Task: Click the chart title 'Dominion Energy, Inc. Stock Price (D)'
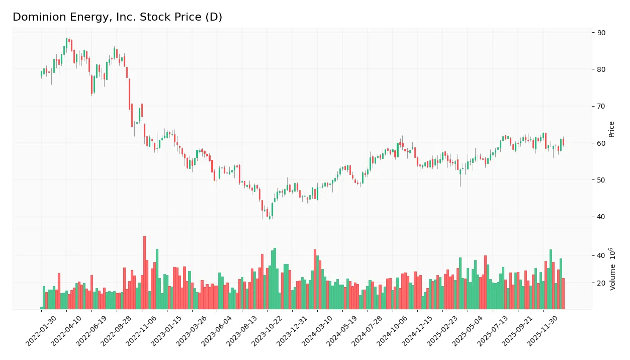(x=117, y=17)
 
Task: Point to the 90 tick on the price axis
(x=601, y=33)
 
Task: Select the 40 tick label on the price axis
(x=601, y=217)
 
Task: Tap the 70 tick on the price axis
(x=601, y=106)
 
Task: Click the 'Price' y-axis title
(x=612, y=129)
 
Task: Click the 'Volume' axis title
(x=612, y=269)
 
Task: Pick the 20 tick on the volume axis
(x=601, y=283)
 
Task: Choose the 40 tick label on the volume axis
(x=601, y=255)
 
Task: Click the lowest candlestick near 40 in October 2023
(x=270, y=217)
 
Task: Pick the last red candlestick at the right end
(x=563, y=142)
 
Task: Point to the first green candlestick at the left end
(x=42, y=73)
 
